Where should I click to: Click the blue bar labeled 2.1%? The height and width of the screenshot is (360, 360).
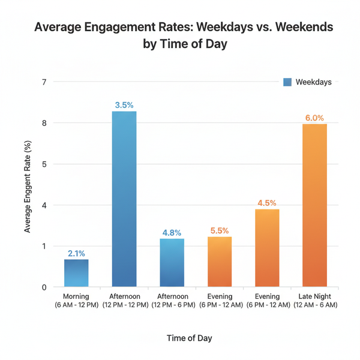(x=76, y=273)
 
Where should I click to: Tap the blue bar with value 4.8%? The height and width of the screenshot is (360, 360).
(x=172, y=263)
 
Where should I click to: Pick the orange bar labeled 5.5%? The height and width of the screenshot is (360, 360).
(x=219, y=262)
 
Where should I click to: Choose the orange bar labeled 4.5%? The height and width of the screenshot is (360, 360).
(x=267, y=248)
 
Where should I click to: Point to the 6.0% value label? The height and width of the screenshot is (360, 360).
(x=314, y=118)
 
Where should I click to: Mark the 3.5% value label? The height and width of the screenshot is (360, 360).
(x=124, y=105)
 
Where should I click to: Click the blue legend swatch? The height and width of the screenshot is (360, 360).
(x=287, y=82)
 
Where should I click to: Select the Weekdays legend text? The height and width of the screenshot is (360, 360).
(x=314, y=82)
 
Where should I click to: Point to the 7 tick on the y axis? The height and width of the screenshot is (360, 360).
(x=43, y=82)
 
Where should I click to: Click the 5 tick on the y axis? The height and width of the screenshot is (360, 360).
(x=43, y=164)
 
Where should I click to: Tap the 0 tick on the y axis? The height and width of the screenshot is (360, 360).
(x=43, y=287)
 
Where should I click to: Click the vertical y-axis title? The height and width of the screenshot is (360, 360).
(x=27, y=186)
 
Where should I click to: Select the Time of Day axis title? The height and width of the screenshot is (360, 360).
(x=189, y=338)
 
